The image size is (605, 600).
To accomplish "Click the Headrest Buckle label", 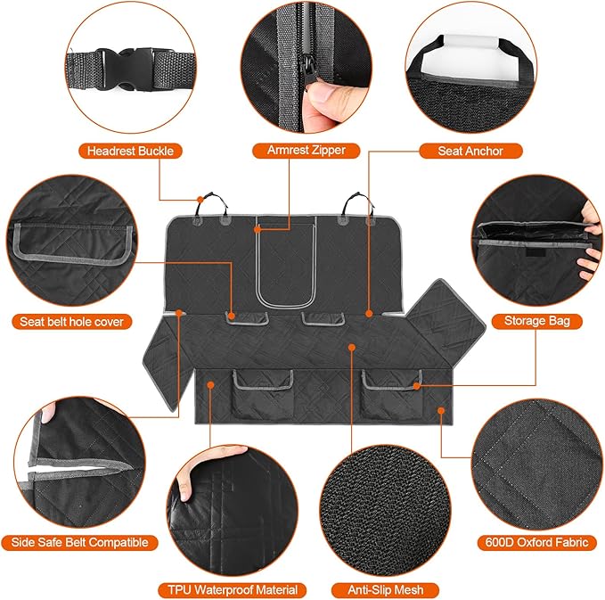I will (129, 151).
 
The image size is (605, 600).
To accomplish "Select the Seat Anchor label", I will (470, 151).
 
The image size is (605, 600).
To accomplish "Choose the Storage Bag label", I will (536, 321).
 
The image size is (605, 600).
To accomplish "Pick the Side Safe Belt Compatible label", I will (80, 542).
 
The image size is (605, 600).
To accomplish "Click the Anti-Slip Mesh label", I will (385, 589).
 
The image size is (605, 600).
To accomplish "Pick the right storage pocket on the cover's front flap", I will (389, 389).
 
